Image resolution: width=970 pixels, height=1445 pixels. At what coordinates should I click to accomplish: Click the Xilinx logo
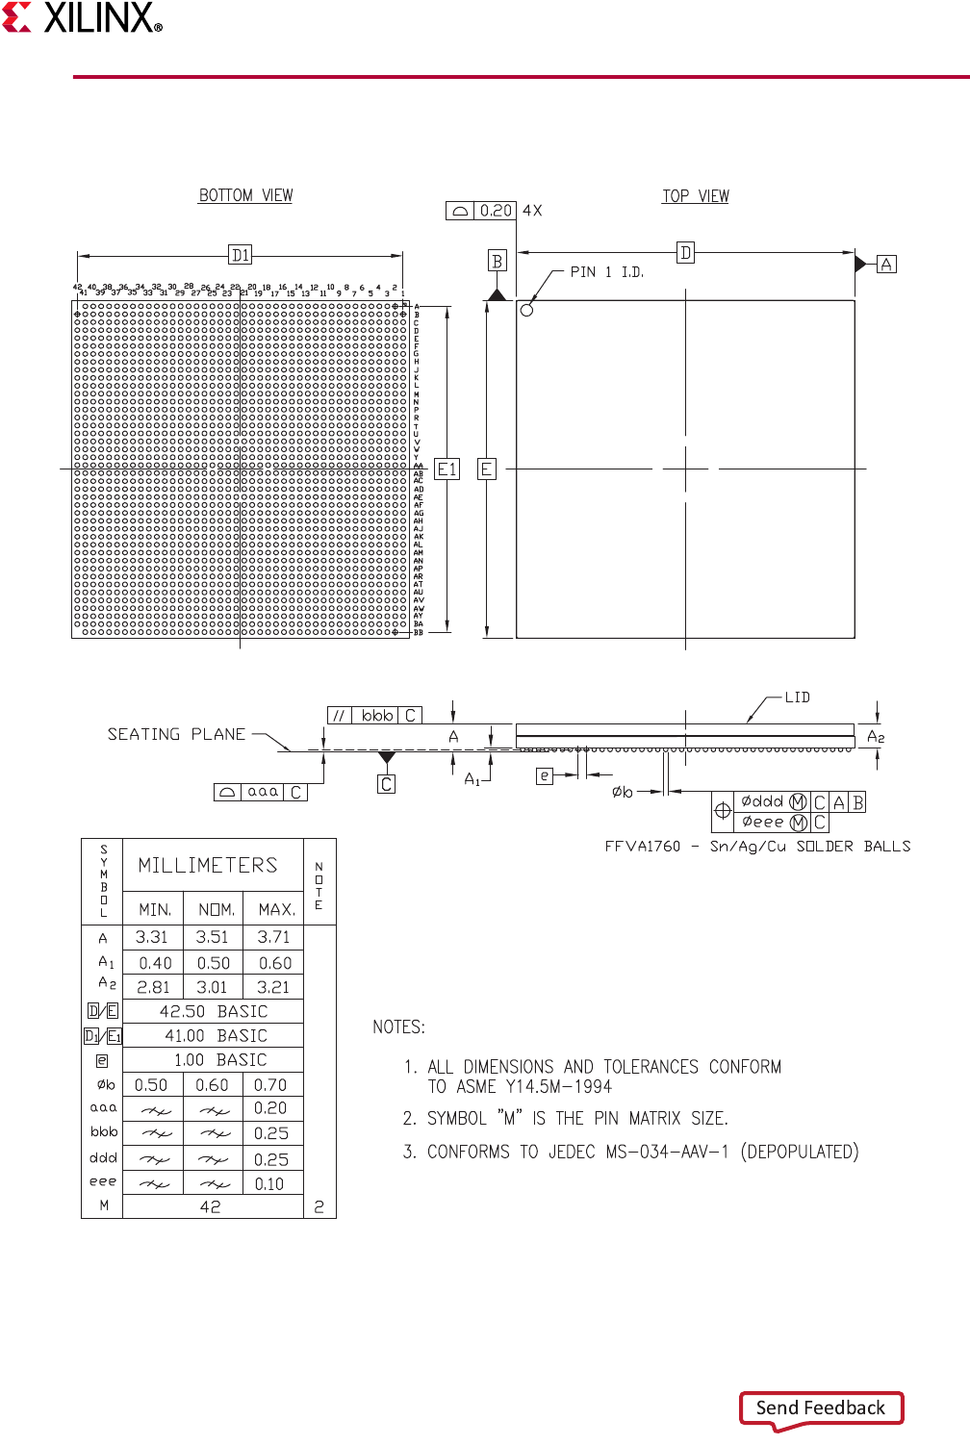point(83,18)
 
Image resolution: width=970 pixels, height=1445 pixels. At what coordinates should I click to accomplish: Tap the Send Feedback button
point(821,1407)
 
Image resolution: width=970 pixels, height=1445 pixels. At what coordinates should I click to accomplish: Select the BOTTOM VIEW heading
point(245,195)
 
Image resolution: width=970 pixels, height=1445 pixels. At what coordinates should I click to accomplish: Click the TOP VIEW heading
point(695,196)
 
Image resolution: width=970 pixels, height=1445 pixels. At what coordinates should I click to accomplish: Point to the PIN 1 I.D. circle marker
point(526,310)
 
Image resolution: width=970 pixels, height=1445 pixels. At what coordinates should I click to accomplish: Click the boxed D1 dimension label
point(241,255)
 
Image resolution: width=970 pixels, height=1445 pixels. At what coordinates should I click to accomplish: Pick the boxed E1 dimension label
point(447,469)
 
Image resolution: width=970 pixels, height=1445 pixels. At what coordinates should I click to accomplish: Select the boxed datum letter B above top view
point(497,261)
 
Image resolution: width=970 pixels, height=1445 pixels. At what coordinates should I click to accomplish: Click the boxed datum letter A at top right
point(886,264)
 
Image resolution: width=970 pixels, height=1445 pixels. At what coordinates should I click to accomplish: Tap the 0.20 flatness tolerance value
point(496,211)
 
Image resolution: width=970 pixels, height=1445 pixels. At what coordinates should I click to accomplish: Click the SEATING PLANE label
point(176,734)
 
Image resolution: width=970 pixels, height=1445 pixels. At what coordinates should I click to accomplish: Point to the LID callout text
point(797,697)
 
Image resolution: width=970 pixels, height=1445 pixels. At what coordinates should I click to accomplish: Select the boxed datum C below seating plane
point(386,784)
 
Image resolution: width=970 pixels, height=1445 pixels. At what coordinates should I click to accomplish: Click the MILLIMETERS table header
point(208,865)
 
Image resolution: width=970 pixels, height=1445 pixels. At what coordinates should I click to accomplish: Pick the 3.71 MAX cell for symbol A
point(273,937)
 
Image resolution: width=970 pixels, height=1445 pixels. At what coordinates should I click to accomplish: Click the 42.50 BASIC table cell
point(214,1011)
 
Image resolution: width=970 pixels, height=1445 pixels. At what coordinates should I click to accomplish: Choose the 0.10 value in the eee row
point(269,1184)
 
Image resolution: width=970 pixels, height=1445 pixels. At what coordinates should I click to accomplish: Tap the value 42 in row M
point(211,1206)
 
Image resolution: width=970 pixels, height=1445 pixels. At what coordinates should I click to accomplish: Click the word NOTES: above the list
point(398,1027)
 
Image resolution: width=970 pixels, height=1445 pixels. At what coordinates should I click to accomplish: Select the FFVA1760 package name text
point(642,847)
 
